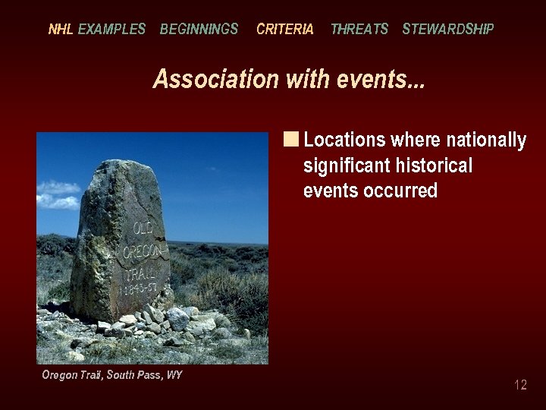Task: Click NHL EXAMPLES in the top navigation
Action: (x=96, y=30)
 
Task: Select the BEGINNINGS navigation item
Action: (x=199, y=30)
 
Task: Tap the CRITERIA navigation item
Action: (x=284, y=30)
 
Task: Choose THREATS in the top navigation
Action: (x=359, y=30)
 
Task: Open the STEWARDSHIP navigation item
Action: (x=447, y=30)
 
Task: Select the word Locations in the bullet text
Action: (x=344, y=140)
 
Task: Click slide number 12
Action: (x=520, y=385)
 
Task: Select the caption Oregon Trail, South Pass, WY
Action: (x=111, y=375)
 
